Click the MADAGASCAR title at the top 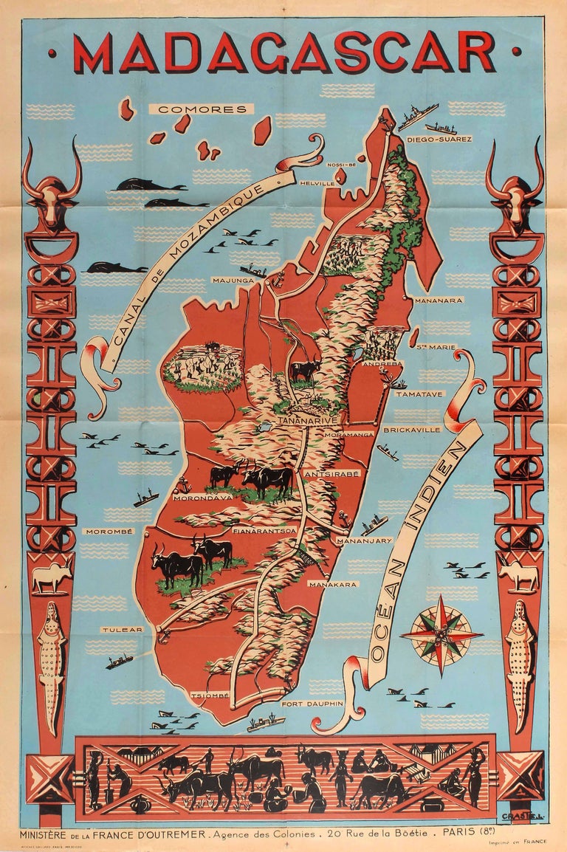point(283,52)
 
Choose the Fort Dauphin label point(312,704)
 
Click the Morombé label point(109,531)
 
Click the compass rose point(441,635)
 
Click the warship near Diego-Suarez point(419,117)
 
